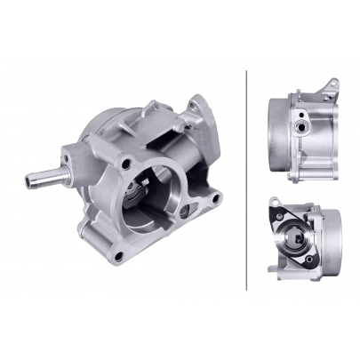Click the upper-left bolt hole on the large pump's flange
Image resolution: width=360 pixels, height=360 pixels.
[x=128, y=166]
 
